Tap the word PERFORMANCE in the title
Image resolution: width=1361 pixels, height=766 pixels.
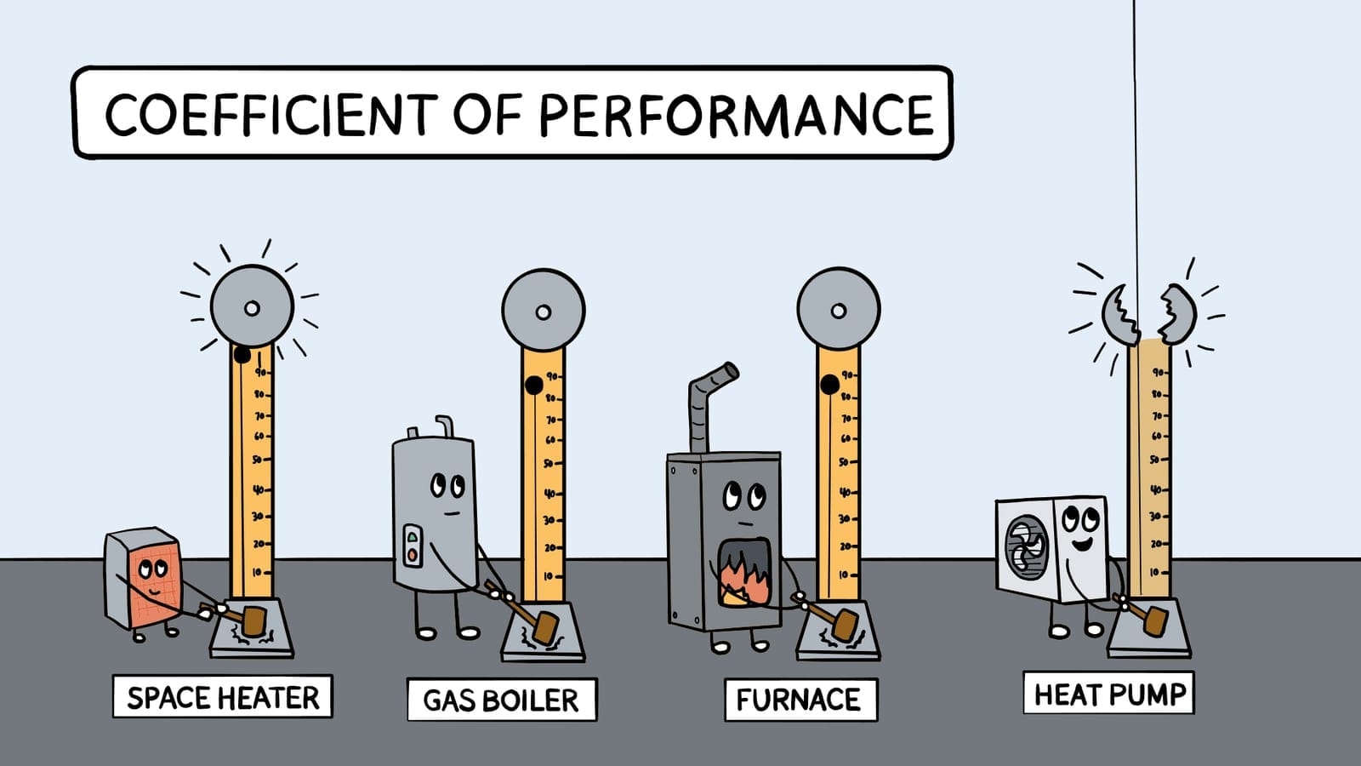[x=737, y=115]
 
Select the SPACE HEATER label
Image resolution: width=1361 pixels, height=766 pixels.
[x=223, y=698]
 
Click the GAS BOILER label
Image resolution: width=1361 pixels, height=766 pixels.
[x=501, y=700]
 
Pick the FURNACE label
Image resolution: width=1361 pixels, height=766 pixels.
[x=800, y=700]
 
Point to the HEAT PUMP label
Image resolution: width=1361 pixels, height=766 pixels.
[x=1109, y=695]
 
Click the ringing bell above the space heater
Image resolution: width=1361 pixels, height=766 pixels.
[x=252, y=307]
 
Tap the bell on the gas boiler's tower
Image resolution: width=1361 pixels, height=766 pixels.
[x=543, y=311]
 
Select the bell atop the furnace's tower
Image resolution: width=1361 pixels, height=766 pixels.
[x=838, y=310]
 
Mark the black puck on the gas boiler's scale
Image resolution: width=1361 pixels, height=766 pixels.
[x=533, y=386]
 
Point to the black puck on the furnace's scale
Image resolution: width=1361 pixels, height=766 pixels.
[x=829, y=386]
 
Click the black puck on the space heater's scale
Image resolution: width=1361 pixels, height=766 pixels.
[x=242, y=354]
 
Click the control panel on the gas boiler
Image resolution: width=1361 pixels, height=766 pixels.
[x=413, y=546]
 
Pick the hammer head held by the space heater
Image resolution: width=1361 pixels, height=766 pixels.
[x=253, y=620]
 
